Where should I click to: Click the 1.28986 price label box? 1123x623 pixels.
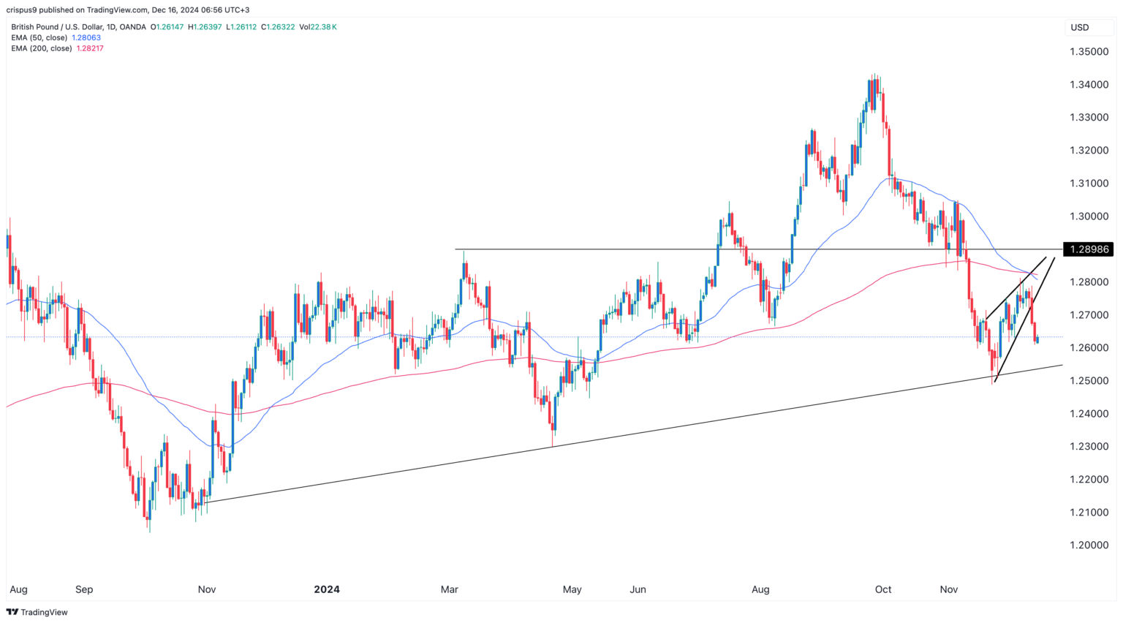[1089, 249]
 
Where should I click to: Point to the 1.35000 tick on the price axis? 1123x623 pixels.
[1089, 52]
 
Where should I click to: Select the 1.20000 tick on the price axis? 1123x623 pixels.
[1089, 545]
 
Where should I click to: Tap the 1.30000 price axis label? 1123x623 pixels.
[1089, 216]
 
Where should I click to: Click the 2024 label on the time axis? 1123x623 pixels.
[326, 589]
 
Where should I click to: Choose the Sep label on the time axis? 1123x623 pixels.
[84, 589]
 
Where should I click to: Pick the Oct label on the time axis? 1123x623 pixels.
[883, 589]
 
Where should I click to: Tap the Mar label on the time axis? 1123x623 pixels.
[449, 589]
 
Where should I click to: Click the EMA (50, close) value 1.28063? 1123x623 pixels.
[86, 37]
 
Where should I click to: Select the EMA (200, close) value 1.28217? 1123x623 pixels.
[90, 48]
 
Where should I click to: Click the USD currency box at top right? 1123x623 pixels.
[1080, 28]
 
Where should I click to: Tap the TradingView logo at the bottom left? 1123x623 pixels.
[37, 612]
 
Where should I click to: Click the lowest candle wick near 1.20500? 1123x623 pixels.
[149, 530]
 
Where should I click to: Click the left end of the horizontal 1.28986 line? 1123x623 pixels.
[457, 250]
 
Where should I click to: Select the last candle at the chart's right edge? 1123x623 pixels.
[1037, 339]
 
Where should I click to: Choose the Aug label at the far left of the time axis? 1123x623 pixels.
[18, 589]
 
